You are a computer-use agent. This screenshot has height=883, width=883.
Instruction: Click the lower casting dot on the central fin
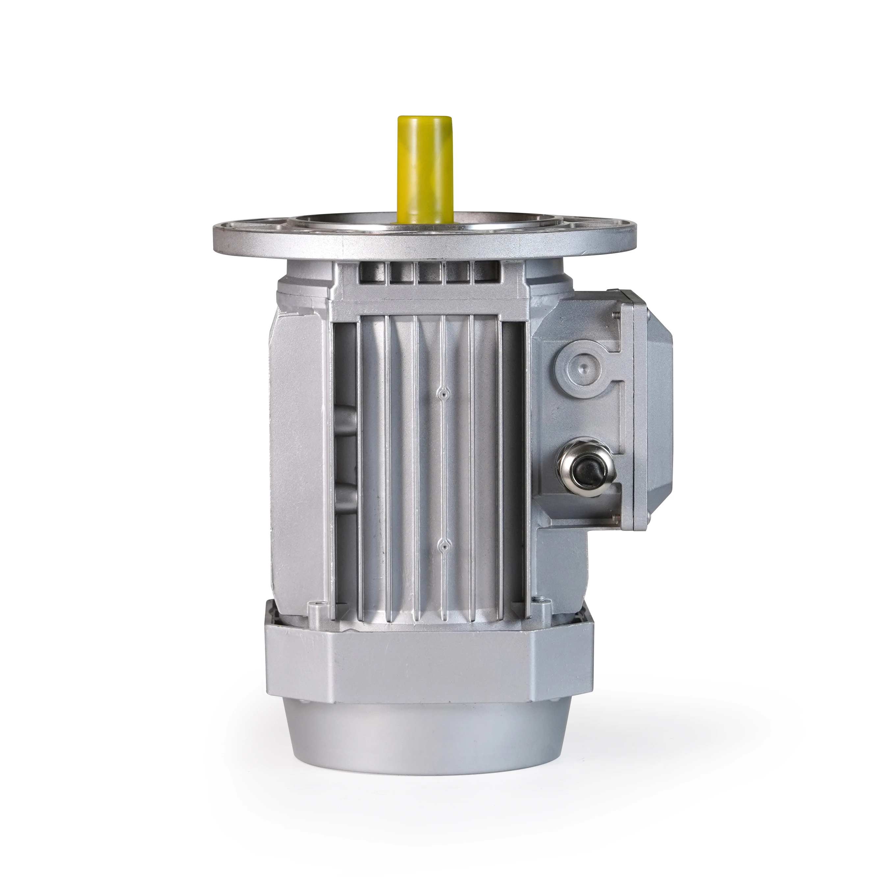pyautogui.click(x=442, y=544)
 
